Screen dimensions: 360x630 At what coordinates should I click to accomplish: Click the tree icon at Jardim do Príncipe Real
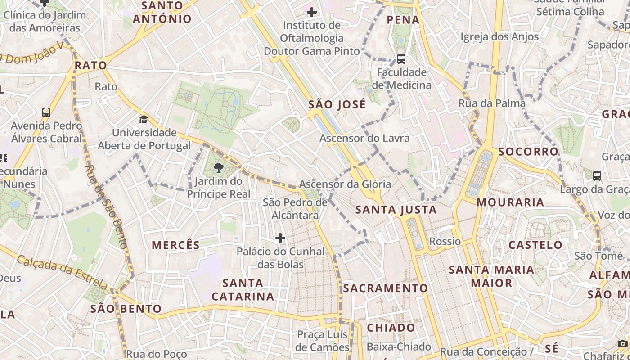click(x=219, y=168)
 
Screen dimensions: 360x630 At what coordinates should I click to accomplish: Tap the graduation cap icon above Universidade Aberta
click(x=144, y=119)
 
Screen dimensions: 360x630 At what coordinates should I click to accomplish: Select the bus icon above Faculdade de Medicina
click(x=401, y=58)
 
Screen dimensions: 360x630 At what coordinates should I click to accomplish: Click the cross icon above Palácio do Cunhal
click(x=280, y=238)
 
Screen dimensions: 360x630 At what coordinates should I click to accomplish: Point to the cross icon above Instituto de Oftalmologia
click(x=311, y=12)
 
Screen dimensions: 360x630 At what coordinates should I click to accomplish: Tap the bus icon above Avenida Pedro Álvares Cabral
click(x=46, y=112)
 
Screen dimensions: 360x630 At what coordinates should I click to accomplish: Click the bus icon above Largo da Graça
click(x=597, y=175)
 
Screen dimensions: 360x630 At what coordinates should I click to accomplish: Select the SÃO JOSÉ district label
click(x=337, y=105)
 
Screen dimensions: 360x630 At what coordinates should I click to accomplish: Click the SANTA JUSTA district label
click(x=396, y=210)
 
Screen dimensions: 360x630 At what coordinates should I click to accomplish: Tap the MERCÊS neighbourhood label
click(x=175, y=245)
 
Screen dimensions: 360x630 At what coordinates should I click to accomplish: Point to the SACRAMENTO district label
click(x=386, y=288)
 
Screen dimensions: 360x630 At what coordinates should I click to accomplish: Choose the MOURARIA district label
click(x=510, y=202)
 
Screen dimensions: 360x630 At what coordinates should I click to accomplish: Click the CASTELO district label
click(x=535, y=245)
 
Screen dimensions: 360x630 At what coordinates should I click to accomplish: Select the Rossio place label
click(x=445, y=242)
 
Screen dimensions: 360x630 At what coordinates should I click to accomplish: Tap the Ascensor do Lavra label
click(x=364, y=138)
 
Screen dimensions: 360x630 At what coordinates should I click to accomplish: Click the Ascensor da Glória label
click(x=345, y=184)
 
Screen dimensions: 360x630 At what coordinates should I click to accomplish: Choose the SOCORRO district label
click(x=528, y=152)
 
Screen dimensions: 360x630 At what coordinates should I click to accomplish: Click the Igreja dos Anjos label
click(x=499, y=36)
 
